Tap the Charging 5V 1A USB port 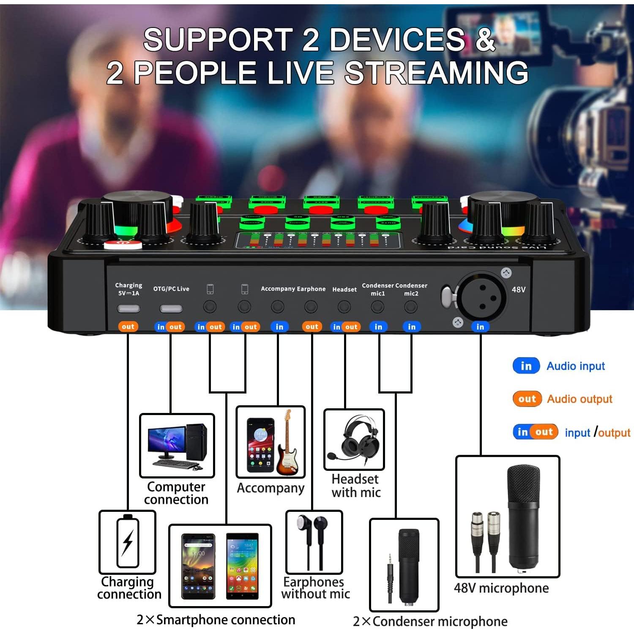(x=128, y=308)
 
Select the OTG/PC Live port (x=171, y=308)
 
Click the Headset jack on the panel (x=344, y=307)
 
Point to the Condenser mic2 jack (x=411, y=307)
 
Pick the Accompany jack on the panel (x=278, y=307)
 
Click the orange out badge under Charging (x=128, y=326)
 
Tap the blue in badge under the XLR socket (x=480, y=326)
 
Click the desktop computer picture (x=177, y=446)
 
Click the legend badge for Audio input (x=526, y=366)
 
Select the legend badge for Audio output (x=527, y=399)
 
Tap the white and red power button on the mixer (x=123, y=244)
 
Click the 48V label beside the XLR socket (x=519, y=290)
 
